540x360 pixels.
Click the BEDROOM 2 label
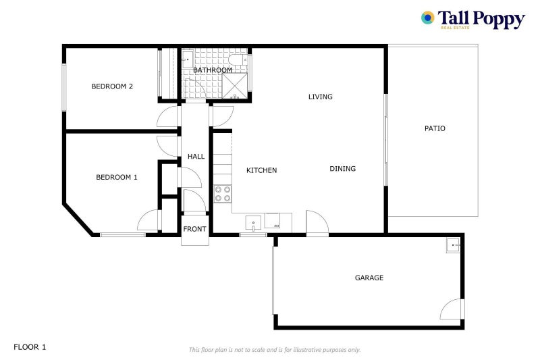point(112,86)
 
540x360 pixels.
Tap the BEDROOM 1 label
point(116,178)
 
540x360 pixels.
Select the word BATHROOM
point(213,70)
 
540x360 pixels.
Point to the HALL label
point(196,157)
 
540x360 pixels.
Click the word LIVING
point(320,97)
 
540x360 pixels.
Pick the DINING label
point(342,169)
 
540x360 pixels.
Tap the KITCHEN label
point(261,171)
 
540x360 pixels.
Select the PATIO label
point(435,128)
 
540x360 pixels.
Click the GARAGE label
point(369,278)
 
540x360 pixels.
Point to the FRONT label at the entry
point(194,230)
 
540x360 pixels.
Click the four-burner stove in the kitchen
point(223,194)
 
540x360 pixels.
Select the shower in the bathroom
point(235,86)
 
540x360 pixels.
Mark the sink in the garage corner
point(452,245)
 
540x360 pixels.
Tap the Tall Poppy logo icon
point(427,18)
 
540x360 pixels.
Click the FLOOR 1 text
point(30,347)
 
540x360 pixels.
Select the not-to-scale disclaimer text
point(274,350)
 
